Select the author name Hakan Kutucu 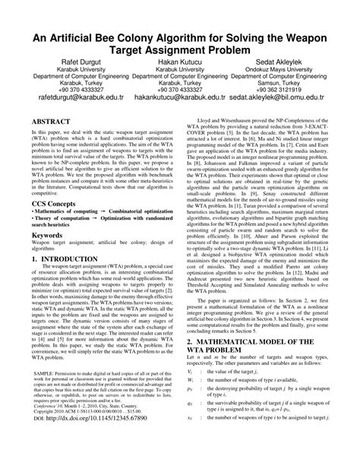point(180,59)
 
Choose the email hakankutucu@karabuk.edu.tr point(180,98)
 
